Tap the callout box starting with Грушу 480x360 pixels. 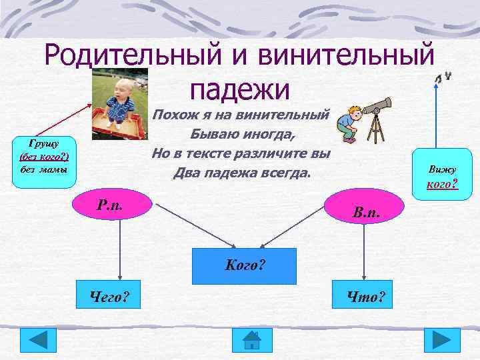point(45,156)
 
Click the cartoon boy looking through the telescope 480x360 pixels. point(347,123)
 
